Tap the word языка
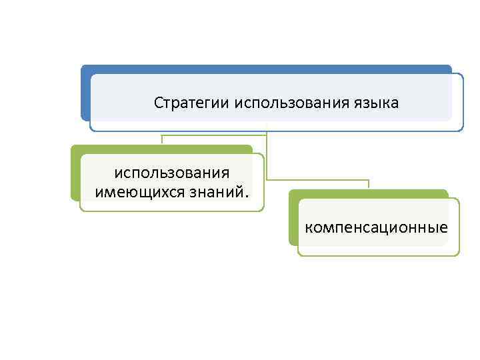(378, 103)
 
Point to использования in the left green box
(172, 173)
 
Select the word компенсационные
(377, 228)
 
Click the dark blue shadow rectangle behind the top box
(85, 93)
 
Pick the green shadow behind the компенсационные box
(293, 220)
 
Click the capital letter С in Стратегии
(158, 103)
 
